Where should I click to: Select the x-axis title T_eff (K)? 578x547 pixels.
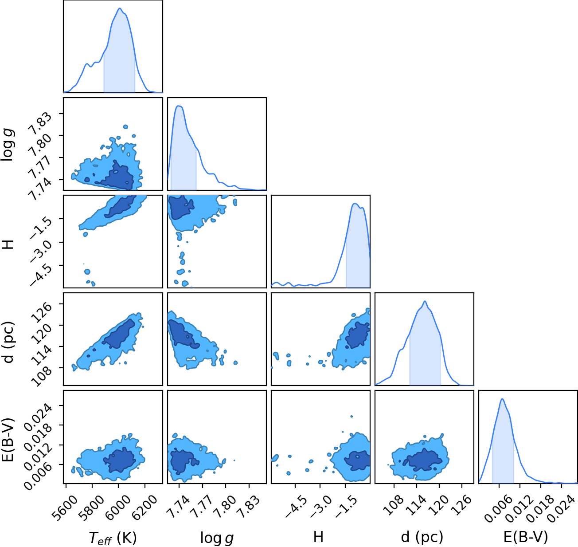click(x=113, y=537)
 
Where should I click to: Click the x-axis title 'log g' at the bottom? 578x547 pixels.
click(x=217, y=538)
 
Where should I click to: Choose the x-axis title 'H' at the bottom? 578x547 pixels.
click(x=318, y=537)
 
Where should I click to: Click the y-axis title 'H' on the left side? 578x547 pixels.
click(x=8, y=244)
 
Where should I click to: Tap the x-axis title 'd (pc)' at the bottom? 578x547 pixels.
click(x=422, y=537)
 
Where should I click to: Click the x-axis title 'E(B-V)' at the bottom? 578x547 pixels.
click(x=526, y=537)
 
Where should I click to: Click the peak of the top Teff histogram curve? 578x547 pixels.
click(x=120, y=8)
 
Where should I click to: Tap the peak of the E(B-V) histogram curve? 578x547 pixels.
click(x=502, y=399)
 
